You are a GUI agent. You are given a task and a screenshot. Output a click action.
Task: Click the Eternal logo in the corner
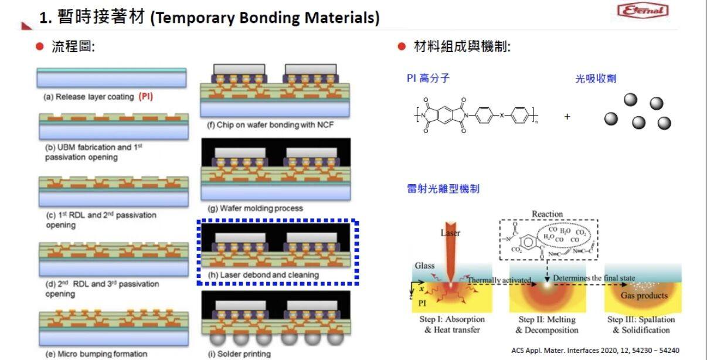(651, 11)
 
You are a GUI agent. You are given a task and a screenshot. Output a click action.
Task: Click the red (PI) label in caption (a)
(145, 97)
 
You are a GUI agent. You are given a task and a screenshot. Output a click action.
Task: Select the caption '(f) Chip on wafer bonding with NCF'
(271, 124)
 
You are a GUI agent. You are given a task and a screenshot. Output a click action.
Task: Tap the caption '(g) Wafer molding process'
(256, 208)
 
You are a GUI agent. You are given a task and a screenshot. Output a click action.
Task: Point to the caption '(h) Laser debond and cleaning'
(263, 274)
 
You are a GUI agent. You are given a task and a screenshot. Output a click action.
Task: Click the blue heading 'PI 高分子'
(429, 78)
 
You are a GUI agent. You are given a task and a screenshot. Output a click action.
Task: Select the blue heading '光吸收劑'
(596, 78)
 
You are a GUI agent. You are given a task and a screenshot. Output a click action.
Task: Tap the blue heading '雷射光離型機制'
(443, 188)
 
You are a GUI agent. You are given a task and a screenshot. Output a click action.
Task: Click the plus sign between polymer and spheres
(567, 117)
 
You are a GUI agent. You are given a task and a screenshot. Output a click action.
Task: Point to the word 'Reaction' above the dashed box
(547, 214)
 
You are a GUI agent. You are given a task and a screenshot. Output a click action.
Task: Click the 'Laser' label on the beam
(450, 233)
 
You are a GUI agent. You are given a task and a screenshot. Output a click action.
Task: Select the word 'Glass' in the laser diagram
(424, 266)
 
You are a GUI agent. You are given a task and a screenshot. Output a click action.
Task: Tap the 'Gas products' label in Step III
(644, 296)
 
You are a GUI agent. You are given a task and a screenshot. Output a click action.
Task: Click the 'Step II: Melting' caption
(547, 320)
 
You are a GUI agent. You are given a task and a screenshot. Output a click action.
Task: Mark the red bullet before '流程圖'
(40, 47)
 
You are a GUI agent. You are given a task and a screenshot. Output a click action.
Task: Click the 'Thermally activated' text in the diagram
(499, 280)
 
